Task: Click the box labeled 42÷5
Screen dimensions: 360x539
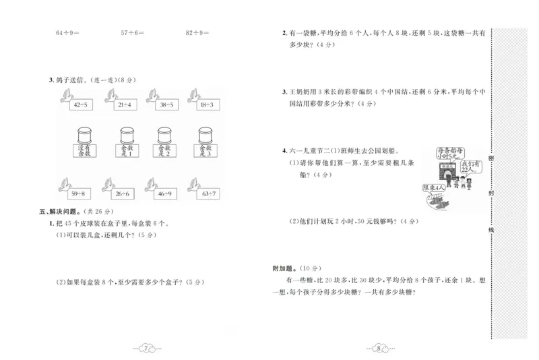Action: (x=82, y=104)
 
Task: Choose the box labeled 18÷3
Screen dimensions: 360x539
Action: (x=207, y=104)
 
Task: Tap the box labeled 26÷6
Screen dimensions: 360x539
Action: (x=123, y=195)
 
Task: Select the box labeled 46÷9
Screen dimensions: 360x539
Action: (x=165, y=195)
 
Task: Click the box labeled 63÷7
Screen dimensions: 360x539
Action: (x=207, y=195)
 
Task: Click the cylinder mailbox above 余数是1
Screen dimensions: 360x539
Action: (x=125, y=132)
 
